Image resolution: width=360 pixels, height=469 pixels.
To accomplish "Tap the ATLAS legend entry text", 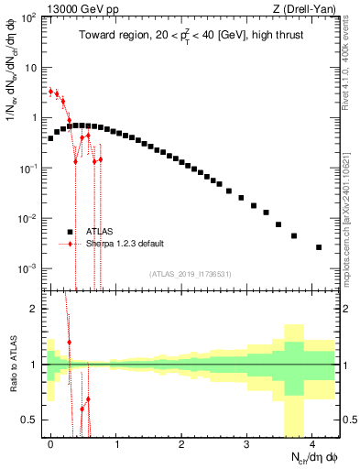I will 102,232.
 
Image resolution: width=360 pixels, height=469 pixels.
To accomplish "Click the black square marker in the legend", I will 70,232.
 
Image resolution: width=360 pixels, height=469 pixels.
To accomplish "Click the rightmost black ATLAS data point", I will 319,247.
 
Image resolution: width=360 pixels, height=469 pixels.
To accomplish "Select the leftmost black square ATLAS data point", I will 50,138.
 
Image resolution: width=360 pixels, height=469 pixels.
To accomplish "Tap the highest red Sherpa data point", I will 50,91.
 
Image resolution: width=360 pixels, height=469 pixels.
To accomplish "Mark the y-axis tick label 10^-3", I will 27,268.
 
